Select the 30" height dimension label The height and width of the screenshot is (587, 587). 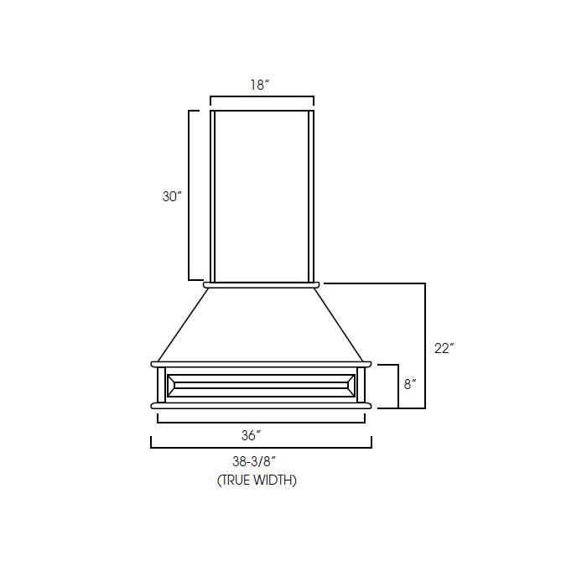[172, 196]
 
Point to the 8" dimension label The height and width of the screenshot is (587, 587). [410, 385]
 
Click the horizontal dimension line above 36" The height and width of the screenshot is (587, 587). [260, 422]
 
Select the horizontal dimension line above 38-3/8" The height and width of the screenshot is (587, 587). [261, 448]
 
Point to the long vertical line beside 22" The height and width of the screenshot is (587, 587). [426, 345]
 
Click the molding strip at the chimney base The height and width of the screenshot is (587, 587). [262, 285]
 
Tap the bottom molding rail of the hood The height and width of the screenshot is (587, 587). [261, 406]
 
